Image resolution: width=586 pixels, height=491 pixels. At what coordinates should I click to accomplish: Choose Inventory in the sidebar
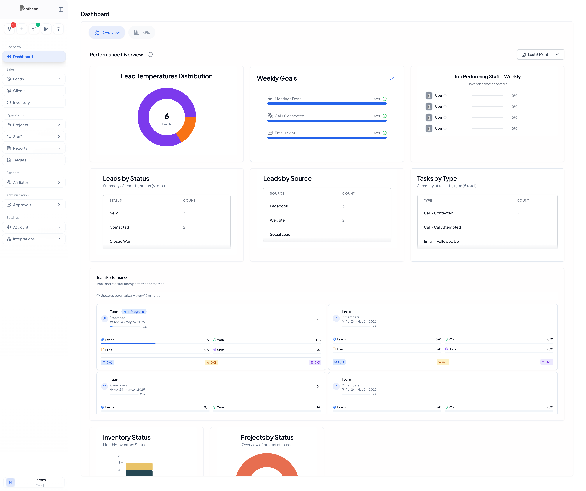point(21,102)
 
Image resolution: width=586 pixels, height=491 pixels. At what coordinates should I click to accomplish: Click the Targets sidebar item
point(19,160)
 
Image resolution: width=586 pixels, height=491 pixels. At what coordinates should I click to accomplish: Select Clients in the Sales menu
point(19,91)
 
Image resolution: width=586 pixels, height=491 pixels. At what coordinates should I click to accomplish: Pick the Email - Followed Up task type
point(441,241)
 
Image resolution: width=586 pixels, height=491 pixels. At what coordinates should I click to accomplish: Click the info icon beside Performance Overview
point(150,54)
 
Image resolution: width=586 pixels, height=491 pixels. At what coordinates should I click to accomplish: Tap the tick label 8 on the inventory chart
point(119,456)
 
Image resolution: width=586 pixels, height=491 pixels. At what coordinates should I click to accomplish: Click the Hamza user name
point(40,480)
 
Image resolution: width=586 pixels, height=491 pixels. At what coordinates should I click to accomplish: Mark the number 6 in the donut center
point(167,116)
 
